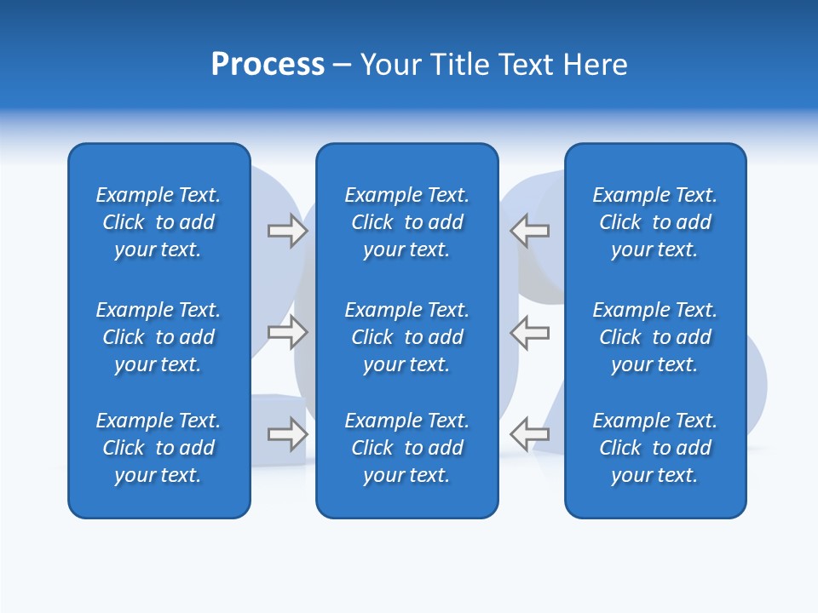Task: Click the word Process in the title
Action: (268, 65)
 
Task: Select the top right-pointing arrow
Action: (287, 231)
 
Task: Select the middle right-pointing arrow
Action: (287, 332)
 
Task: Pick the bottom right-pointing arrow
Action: (287, 434)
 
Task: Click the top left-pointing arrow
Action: (529, 231)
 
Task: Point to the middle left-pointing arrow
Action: (529, 332)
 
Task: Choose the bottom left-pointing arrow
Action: (529, 434)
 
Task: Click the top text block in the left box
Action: (158, 222)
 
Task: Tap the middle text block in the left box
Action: (158, 337)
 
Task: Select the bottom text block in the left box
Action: (158, 448)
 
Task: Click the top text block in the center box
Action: (406, 222)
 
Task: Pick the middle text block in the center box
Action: (406, 337)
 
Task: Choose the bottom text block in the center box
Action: (406, 448)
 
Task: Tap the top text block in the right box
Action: (654, 222)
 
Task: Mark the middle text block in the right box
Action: (654, 337)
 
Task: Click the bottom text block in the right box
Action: (654, 448)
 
